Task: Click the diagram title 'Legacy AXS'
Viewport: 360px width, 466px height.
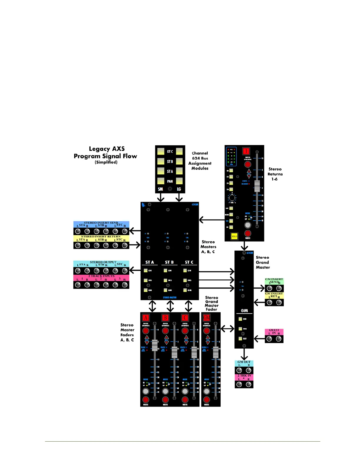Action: tap(107, 149)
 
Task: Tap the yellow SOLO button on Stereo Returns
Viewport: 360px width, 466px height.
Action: tap(234, 236)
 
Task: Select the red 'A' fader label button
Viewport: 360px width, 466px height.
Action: tap(146, 318)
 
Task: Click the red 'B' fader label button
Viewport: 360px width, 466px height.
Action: tap(165, 318)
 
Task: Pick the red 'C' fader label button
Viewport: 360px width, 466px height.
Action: tap(185, 318)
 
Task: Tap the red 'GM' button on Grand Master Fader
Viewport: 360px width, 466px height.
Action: tap(207, 318)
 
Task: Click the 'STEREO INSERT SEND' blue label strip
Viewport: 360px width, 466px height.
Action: tap(101, 224)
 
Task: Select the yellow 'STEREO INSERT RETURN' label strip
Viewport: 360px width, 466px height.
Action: tap(101, 238)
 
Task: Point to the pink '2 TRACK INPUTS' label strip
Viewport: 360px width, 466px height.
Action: tap(101, 278)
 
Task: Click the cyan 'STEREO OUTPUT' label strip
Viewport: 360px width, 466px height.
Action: tap(101, 263)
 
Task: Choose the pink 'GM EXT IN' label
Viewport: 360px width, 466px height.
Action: tap(274, 332)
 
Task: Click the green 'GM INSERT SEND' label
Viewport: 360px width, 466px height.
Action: tap(274, 281)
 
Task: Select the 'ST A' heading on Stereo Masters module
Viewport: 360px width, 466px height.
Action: tap(149, 262)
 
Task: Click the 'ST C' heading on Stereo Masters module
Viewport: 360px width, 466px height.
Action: tap(189, 262)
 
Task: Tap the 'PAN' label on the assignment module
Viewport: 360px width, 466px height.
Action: tap(170, 181)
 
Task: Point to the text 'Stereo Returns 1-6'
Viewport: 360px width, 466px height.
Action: tap(275, 174)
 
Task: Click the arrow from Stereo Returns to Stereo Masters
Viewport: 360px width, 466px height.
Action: tap(212, 220)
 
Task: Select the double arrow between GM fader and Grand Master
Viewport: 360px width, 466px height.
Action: tap(227, 329)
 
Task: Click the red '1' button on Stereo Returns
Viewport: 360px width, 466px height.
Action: tap(246, 151)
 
